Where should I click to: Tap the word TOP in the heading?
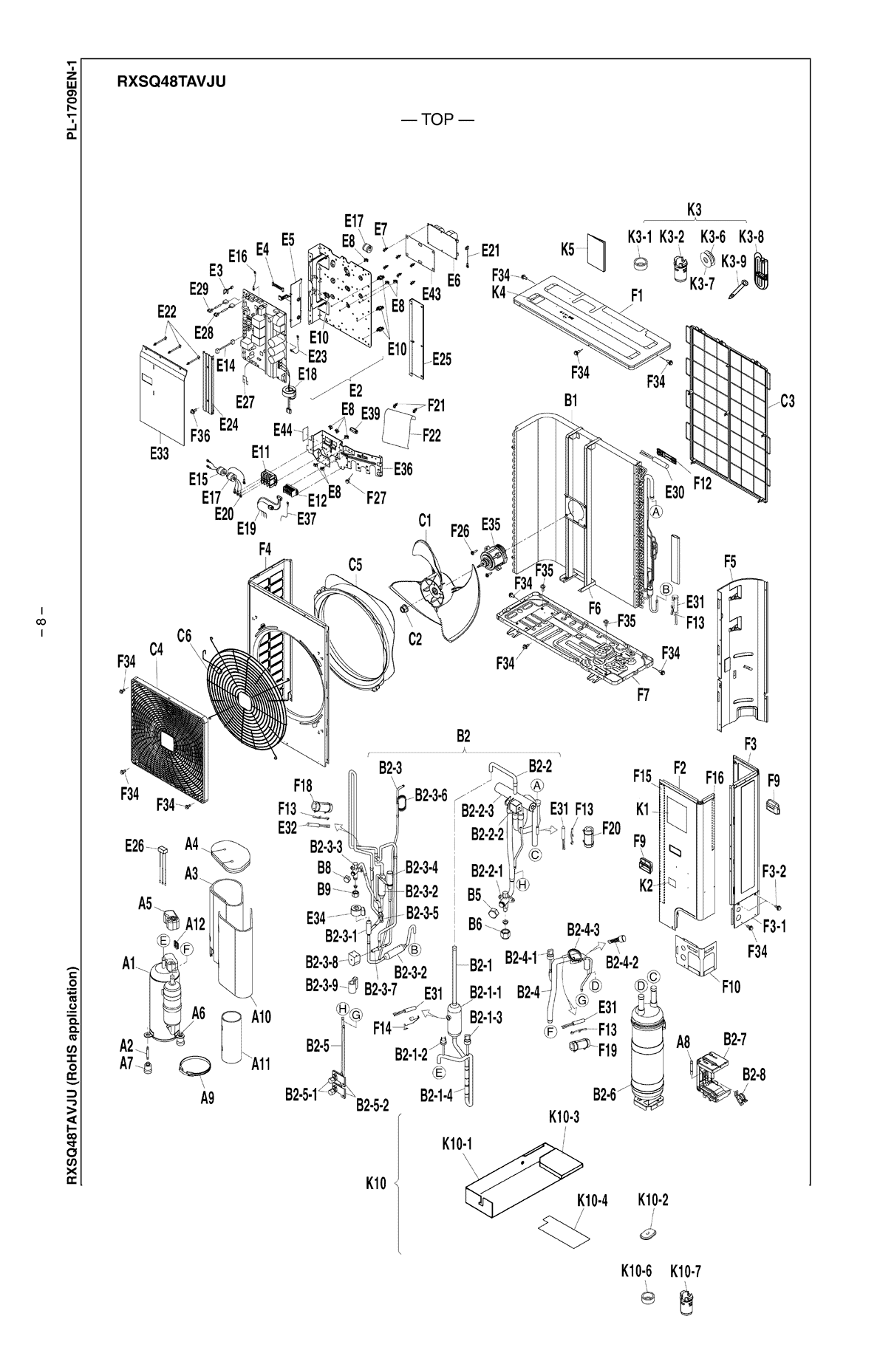437,120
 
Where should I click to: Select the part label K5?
567,249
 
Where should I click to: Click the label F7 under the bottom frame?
643,695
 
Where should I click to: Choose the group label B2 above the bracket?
463,736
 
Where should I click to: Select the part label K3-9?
734,261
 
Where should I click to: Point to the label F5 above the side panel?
730,562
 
